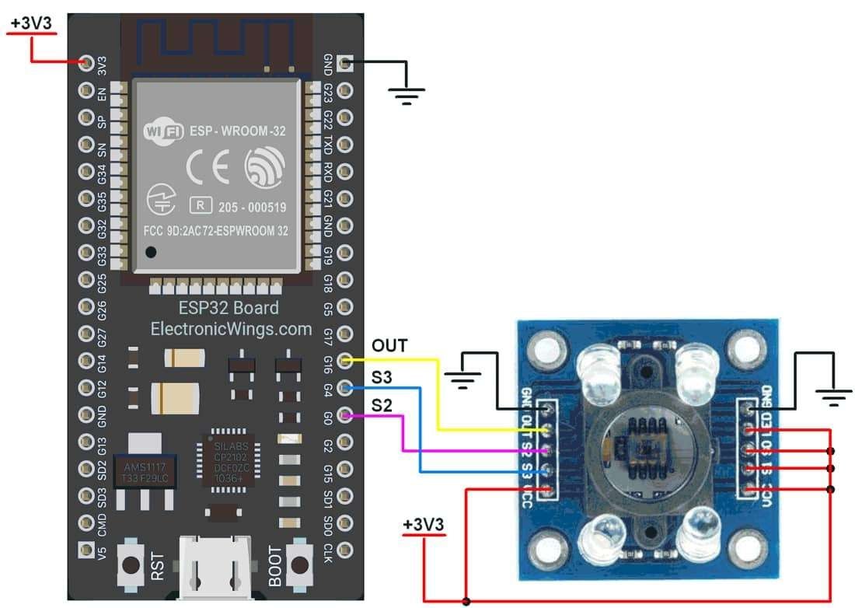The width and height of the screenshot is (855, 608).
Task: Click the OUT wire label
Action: tap(389, 345)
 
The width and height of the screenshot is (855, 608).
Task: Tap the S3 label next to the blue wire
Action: tap(382, 377)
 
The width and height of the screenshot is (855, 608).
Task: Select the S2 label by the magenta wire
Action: tap(382, 405)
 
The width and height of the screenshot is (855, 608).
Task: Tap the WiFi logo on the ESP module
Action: tap(163, 131)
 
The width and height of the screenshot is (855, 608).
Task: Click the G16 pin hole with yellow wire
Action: tap(345, 360)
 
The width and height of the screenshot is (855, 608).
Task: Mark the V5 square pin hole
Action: tap(86, 550)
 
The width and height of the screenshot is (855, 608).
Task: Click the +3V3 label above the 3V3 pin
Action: tap(31, 23)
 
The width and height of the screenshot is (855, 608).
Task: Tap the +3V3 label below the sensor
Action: tap(424, 526)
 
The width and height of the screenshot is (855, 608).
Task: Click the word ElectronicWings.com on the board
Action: tap(232, 329)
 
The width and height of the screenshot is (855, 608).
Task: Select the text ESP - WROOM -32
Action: tap(236, 131)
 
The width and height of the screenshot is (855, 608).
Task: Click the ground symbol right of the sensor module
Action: tap(834, 399)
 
